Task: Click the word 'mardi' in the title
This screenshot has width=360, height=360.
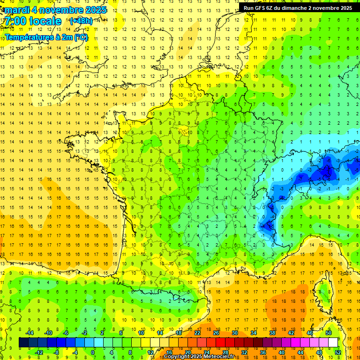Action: (16, 10)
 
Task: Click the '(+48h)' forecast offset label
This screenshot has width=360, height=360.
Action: (81, 21)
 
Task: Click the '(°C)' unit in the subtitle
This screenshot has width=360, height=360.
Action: (80, 37)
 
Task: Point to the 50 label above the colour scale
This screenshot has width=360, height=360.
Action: (329, 333)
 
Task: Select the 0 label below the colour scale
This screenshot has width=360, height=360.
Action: (93, 352)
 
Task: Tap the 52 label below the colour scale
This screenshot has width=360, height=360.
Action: (338, 352)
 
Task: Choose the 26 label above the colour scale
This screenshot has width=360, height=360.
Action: (216, 333)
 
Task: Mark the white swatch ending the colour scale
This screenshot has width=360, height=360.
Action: (333, 343)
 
